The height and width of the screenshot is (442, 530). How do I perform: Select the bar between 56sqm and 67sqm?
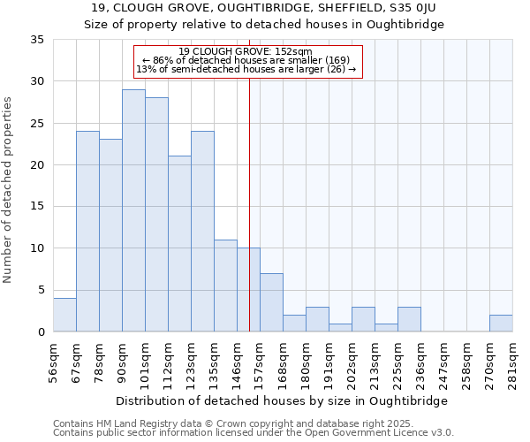(x=64, y=315)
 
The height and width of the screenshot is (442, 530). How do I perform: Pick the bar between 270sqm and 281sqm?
(x=501, y=324)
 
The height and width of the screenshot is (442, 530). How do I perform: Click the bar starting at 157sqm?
(x=271, y=302)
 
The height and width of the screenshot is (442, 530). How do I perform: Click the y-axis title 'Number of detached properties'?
(x=9, y=190)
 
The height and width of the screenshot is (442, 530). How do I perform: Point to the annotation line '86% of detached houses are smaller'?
(x=248, y=60)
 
